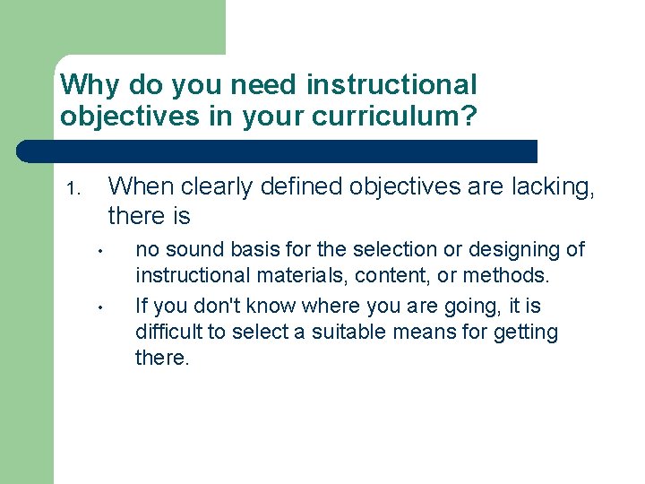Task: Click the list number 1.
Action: click(73, 190)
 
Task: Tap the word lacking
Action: click(555, 186)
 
